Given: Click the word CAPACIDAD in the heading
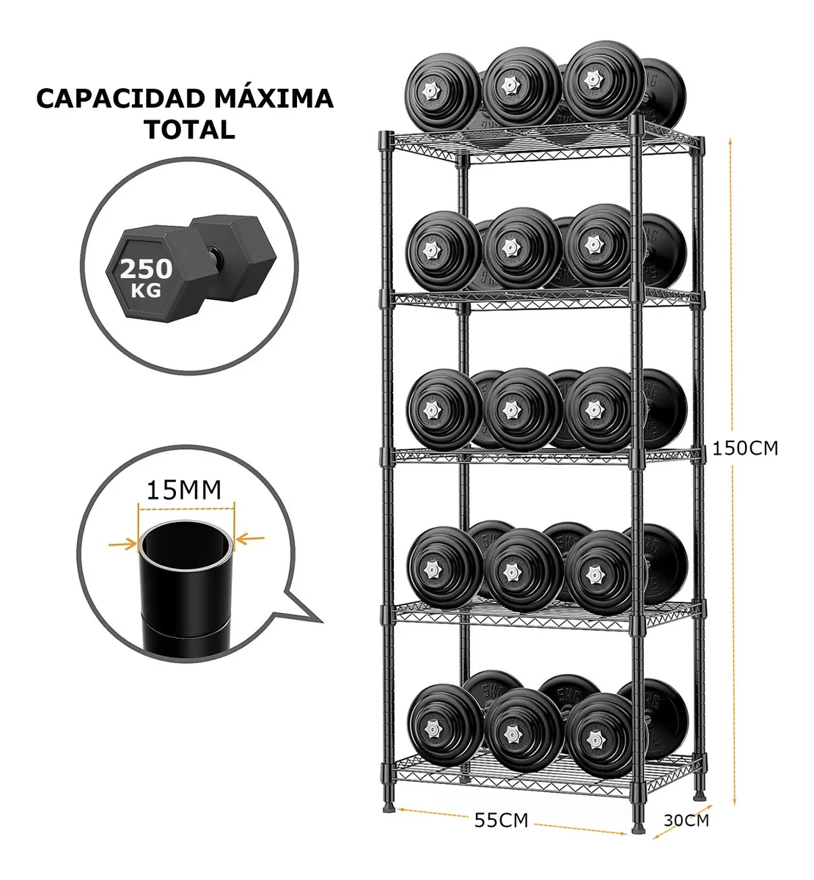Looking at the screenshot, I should coord(113,99).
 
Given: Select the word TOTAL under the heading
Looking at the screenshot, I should coord(189,130).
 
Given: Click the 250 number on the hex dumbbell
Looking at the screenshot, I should coord(147,269).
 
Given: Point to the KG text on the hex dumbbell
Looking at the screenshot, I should coord(147,290).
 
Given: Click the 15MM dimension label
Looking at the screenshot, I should coord(184,489).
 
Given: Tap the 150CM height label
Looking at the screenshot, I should coord(745,448).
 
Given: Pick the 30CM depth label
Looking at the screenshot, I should coord(686,820).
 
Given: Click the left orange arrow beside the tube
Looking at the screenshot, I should coord(122,543).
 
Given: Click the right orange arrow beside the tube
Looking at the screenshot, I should coord(251,540).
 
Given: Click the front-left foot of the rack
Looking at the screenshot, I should coord(388,810).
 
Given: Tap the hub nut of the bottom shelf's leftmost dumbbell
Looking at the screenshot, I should coord(433,725).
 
